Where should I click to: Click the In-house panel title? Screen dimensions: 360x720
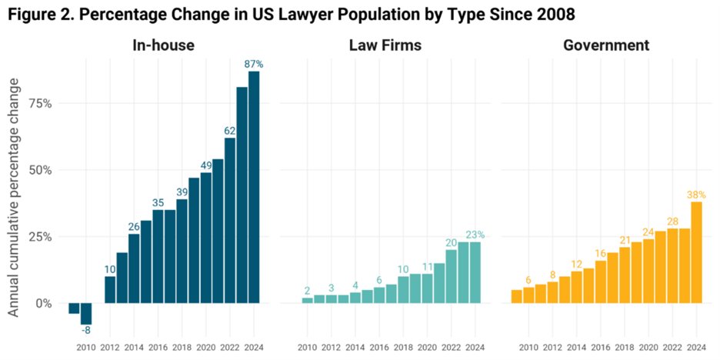[x=164, y=46]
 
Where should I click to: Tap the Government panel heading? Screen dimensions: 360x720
[x=605, y=46]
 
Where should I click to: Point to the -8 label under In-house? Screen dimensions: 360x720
[x=86, y=332]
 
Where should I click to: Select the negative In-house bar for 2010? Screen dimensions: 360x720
[x=86, y=314]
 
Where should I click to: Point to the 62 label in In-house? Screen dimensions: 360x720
[x=229, y=131]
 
